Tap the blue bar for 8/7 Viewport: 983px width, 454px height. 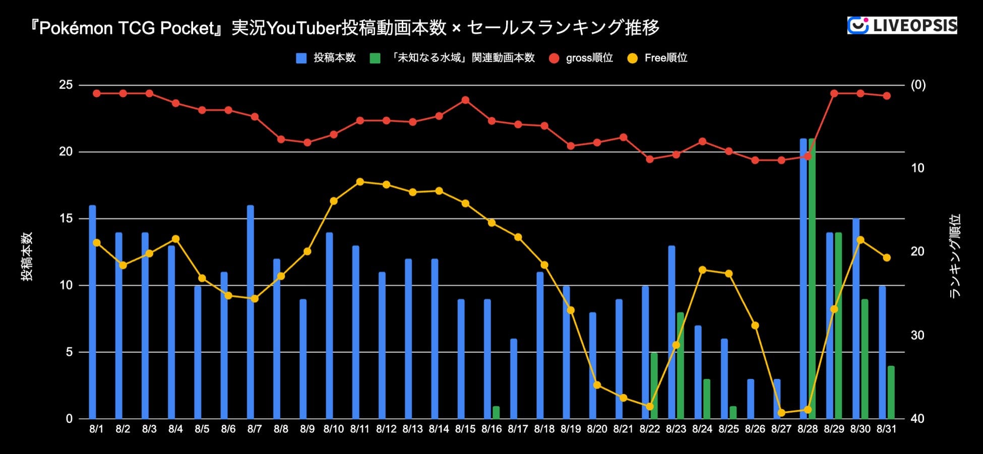tap(251, 312)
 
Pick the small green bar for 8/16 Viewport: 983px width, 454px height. tap(496, 413)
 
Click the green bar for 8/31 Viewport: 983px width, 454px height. tap(891, 393)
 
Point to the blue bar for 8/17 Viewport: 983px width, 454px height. tap(514, 379)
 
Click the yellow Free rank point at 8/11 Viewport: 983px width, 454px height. tap(360, 181)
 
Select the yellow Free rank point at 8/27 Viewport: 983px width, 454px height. tap(781, 413)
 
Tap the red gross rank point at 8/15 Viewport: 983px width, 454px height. tap(465, 100)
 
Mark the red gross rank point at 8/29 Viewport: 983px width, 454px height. tap(834, 93)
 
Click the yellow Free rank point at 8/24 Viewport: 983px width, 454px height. tap(702, 270)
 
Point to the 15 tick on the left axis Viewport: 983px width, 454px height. tap(66, 219)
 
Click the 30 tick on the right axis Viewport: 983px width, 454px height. tap(917, 335)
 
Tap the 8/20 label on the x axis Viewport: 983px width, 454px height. tap(597, 429)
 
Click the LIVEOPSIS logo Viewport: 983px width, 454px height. tap(902, 25)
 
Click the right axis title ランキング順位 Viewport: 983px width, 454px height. tap(955, 256)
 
